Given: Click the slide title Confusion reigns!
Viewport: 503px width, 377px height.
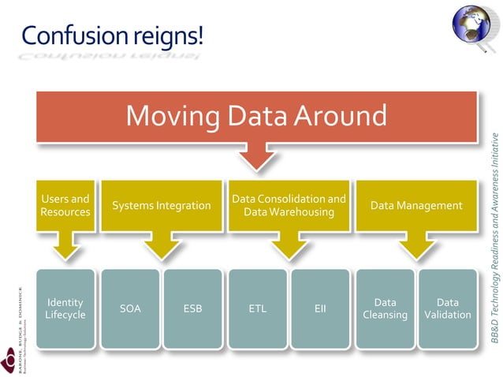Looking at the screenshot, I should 113,35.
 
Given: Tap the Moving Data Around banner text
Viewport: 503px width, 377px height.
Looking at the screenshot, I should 257,117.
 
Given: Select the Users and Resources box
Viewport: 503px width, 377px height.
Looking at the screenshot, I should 65,205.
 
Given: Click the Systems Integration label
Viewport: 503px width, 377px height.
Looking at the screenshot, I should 162,206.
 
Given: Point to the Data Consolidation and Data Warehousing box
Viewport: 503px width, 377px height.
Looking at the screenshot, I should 289,206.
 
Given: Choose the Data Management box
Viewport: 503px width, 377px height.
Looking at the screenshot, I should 416,206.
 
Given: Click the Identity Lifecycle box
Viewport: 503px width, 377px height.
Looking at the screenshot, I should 65,308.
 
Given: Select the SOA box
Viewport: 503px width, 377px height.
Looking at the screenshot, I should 130,308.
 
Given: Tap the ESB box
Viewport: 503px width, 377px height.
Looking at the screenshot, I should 192,308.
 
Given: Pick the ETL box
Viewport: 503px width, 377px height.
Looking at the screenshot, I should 257,308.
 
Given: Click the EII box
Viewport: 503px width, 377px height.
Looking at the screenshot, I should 320,308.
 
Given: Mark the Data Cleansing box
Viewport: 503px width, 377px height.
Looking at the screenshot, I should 385,308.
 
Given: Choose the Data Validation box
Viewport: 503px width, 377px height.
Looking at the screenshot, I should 448,308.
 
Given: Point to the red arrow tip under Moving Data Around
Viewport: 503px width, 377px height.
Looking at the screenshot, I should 257,166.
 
